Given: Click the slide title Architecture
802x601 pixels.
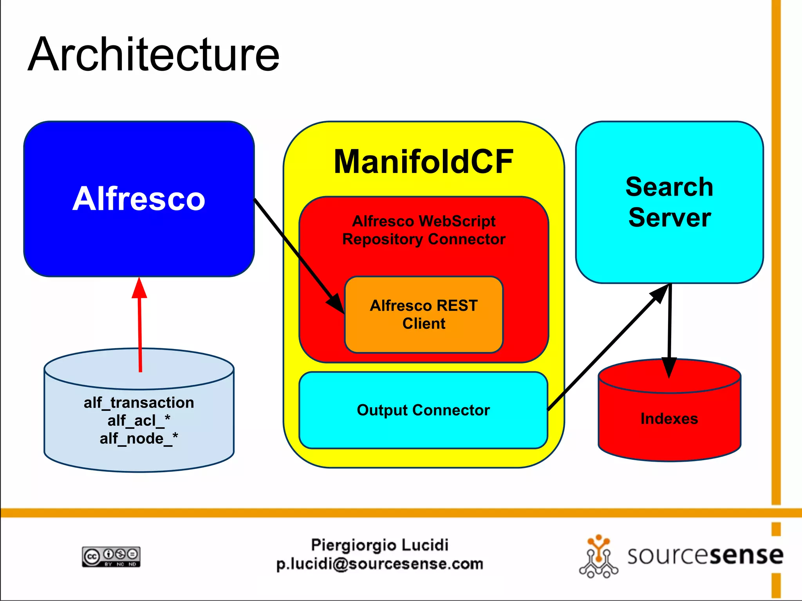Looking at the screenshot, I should (154, 55).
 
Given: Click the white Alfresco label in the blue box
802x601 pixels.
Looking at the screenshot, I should (139, 199).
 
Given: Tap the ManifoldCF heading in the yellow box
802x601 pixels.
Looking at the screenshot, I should (423, 162).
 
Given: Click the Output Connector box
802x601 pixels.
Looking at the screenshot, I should (423, 410).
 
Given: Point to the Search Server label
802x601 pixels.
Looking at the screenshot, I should (669, 202).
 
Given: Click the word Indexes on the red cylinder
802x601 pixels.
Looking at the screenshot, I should (669, 419).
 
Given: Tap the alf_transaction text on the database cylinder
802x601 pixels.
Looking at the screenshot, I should (139, 403).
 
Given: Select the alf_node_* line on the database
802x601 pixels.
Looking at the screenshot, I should (139, 439).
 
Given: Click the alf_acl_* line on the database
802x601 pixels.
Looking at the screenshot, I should (139, 421).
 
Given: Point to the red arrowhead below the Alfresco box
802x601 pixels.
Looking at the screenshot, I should (139, 289).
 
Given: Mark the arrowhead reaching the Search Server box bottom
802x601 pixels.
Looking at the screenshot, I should (660, 293).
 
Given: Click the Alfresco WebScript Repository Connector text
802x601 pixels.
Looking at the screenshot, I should (424, 230).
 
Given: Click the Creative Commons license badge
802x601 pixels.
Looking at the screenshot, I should (111, 556).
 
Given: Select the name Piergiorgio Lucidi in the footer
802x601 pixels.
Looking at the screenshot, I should (379, 545).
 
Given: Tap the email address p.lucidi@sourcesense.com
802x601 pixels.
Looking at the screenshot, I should (379, 564).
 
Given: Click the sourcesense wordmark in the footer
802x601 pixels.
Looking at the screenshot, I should (705, 556).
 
